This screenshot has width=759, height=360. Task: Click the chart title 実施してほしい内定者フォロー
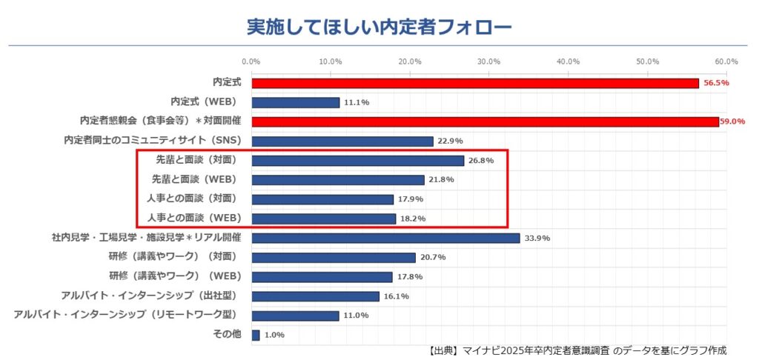[379, 27]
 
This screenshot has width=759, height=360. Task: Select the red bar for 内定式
[474, 83]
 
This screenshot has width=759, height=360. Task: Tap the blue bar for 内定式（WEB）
[295, 102]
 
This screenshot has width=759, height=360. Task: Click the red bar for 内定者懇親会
[485, 121]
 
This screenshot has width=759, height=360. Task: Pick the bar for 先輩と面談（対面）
[357, 160]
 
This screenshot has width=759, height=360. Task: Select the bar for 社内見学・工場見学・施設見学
[385, 238]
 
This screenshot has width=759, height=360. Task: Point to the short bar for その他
[256, 335]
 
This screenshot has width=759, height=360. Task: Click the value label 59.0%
[732, 121]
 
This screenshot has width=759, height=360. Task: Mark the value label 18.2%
[414, 219]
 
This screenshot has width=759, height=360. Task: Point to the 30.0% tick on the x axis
[489, 61]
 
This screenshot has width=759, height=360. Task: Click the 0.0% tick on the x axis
[251, 61]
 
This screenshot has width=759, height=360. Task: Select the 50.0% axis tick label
[648, 61]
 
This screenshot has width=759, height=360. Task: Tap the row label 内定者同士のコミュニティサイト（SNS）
[154, 141]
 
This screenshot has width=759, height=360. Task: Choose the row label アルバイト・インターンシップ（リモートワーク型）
[127, 315]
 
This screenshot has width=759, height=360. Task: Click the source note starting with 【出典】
[577, 350]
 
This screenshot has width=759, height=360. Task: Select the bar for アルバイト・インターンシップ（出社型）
[315, 296]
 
